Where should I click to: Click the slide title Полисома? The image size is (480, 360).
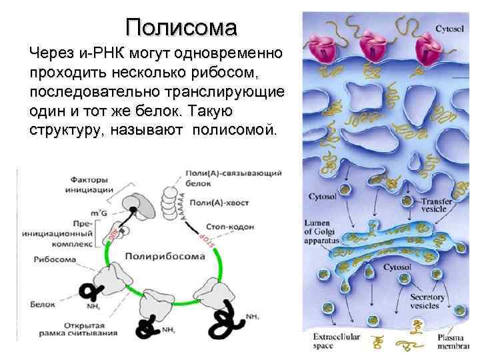click(x=181, y=28)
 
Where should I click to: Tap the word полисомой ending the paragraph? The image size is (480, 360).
click(x=233, y=128)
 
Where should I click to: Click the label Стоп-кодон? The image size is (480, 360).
click(x=230, y=227)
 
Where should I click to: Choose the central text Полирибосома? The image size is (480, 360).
click(x=163, y=254)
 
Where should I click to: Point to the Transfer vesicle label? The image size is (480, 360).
click(x=437, y=205)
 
